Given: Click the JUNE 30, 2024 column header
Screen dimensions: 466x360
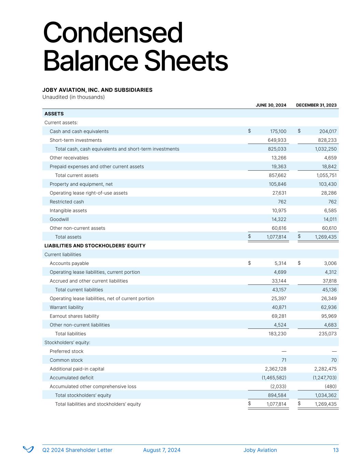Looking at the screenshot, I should [x=271, y=105].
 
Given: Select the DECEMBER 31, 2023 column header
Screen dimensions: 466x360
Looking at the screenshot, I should [x=316, y=105].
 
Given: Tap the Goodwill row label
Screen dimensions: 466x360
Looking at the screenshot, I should [x=59, y=219].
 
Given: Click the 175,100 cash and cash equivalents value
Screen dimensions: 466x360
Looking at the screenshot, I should [x=278, y=131].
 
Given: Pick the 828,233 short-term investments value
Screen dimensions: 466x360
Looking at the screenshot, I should [x=327, y=140].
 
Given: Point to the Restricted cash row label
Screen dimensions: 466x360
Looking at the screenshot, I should [x=67, y=202].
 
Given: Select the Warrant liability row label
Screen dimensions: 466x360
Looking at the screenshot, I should [x=66, y=307].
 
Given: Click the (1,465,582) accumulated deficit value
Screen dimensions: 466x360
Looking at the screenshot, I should [x=271, y=378].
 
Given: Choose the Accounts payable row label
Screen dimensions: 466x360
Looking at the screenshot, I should [x=69, y=263].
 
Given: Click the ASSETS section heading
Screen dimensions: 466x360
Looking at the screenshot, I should [x=54, y=114].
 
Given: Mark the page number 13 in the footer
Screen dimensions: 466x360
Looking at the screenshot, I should [x=336, y=450].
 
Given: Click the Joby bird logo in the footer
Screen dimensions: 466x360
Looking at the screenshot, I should [x=28, y=449].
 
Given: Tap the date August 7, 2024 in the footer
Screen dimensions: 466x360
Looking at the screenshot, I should [x=162, y=450].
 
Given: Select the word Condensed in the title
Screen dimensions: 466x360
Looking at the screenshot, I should [x=113, y=33].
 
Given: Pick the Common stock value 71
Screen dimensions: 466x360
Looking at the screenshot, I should [x=284, y=360].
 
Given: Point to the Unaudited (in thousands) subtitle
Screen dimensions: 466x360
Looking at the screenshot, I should [x=73, y=97].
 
